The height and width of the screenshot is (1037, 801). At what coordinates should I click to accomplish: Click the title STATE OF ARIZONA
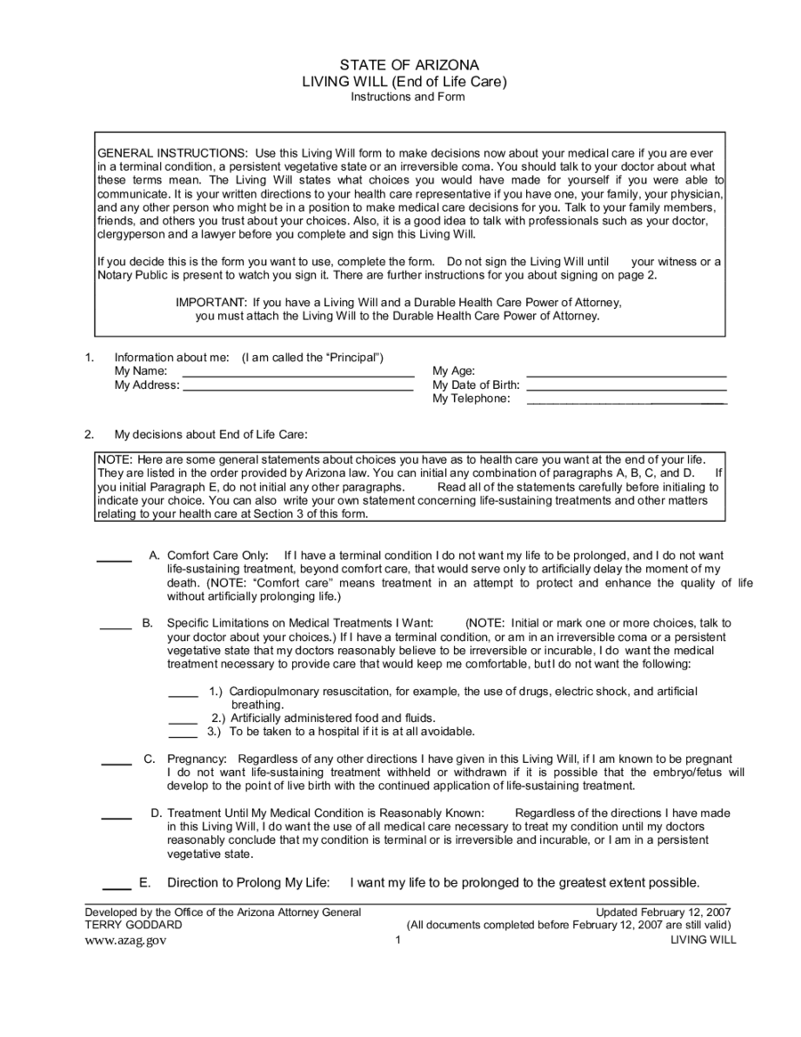[x=409, y=65]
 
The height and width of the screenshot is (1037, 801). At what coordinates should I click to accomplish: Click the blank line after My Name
[x=298, y=375]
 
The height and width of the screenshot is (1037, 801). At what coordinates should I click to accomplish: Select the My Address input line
[x=298, y=389]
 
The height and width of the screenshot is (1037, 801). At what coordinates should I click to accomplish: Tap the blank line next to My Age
[x=627, y=375]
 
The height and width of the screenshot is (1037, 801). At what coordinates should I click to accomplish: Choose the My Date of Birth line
[x=627, y=389]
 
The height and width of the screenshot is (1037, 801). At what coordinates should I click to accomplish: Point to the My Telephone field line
[x=627, y=403]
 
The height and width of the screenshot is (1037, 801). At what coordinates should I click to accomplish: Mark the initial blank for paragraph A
[x=114, y=560]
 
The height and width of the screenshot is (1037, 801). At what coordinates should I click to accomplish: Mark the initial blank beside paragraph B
[x=116, y=628]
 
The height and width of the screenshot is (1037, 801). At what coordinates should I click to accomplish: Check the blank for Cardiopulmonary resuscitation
[x=183, y=695]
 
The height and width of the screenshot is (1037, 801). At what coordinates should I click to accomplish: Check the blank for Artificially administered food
[x=183, y=721]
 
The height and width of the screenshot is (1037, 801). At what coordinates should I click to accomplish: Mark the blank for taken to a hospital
[x=183, y=735]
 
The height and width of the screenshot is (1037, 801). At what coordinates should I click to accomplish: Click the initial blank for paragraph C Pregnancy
[x=117, y=763]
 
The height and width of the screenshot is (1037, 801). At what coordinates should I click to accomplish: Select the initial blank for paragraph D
[x=117, y=817]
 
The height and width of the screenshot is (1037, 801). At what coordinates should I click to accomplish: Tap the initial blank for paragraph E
[x=117, y=887]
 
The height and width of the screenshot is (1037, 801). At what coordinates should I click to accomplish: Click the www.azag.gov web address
[x=125, y=940]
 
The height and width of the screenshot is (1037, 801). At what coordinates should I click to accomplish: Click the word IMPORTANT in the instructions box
[x=211, y=302]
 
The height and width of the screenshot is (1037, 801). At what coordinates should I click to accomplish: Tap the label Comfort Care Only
[x=218, y=555]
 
